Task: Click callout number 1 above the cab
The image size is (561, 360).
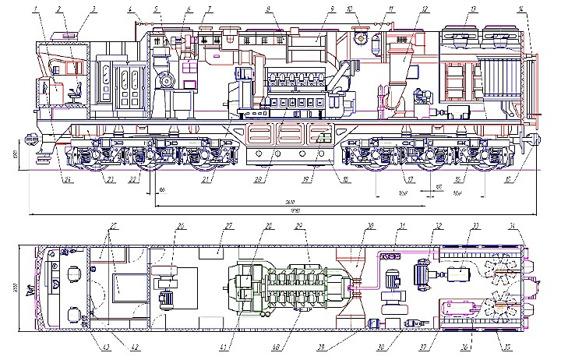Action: (x=36, y=9)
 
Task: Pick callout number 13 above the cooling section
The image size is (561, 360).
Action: (x=473, y=9)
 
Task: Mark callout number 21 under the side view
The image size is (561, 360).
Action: (x=205, y=180)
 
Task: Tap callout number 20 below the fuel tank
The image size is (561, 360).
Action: (x=259, y=180)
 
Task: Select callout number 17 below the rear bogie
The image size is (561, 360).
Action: (x=405, y=180)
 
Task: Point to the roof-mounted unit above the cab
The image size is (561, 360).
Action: (x=65, y=34)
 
